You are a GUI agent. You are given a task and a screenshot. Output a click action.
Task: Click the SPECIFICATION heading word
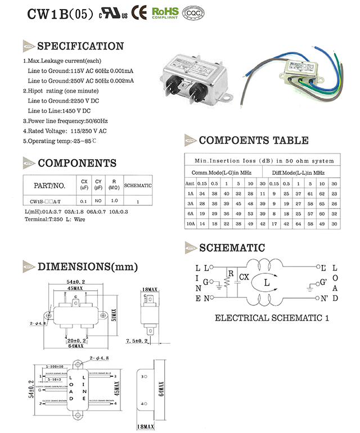tap(80, 46)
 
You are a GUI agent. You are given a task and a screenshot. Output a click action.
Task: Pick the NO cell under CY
tap(98, 200)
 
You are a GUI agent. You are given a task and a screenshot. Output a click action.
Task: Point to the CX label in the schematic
tap(244, 277)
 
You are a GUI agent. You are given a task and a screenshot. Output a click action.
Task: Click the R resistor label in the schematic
tap(231, 274)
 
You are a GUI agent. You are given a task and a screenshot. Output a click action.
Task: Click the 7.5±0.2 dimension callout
tap(137, 341)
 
